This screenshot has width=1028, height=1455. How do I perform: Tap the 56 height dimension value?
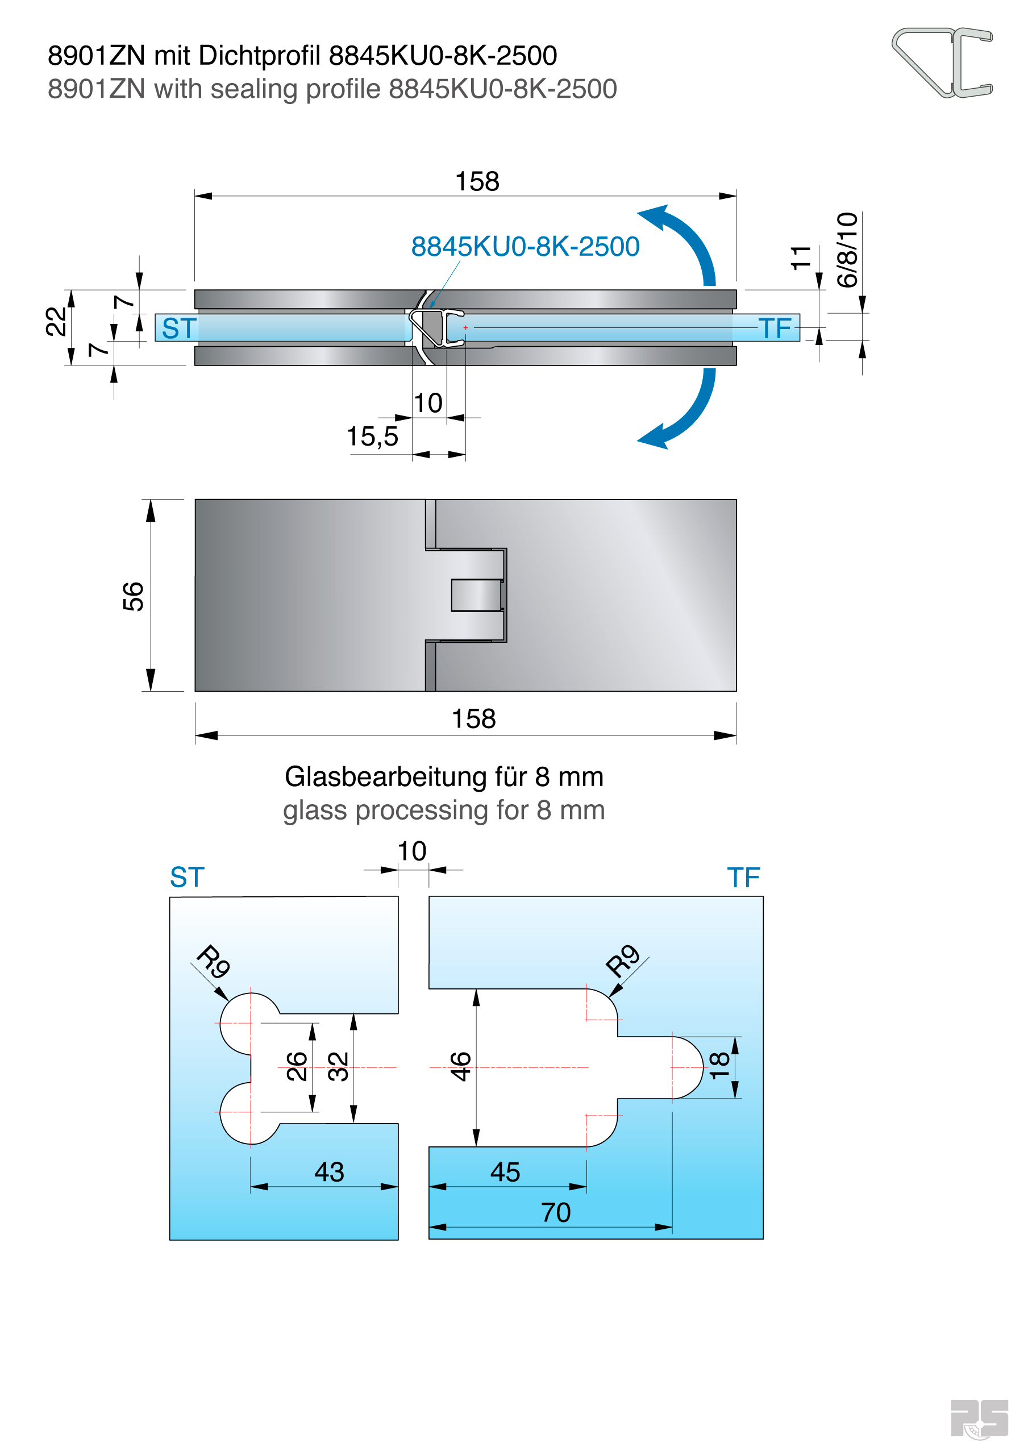(134, 596)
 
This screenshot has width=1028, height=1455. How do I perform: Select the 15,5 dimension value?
(372, 436)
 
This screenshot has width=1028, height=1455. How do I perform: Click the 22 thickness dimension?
(56, 321)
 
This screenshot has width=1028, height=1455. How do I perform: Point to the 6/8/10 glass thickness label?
(847, 250)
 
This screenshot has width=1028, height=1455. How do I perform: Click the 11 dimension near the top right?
(801, 257)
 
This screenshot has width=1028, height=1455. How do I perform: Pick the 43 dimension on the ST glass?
(329, 1172)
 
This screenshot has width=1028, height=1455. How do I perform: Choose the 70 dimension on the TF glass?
(555, 1212)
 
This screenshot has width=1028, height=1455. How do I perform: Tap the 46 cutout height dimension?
(461, 1067)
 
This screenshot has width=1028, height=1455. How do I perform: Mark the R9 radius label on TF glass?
(622, 961)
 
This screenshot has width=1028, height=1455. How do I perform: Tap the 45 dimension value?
(505, 1172)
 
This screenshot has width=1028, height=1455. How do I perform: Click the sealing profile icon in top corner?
(942, 62)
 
